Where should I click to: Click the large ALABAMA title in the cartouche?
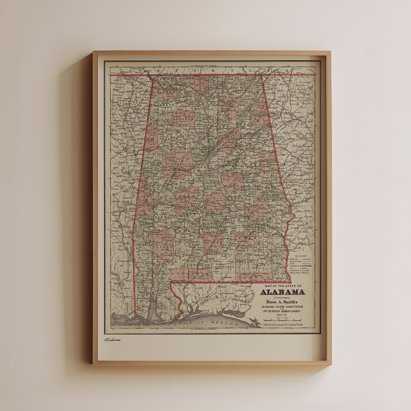283,292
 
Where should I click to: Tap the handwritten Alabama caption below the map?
112,340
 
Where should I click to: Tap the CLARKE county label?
158,246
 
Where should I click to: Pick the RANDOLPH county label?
268,160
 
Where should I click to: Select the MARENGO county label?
165,217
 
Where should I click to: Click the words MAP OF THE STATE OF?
283,286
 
